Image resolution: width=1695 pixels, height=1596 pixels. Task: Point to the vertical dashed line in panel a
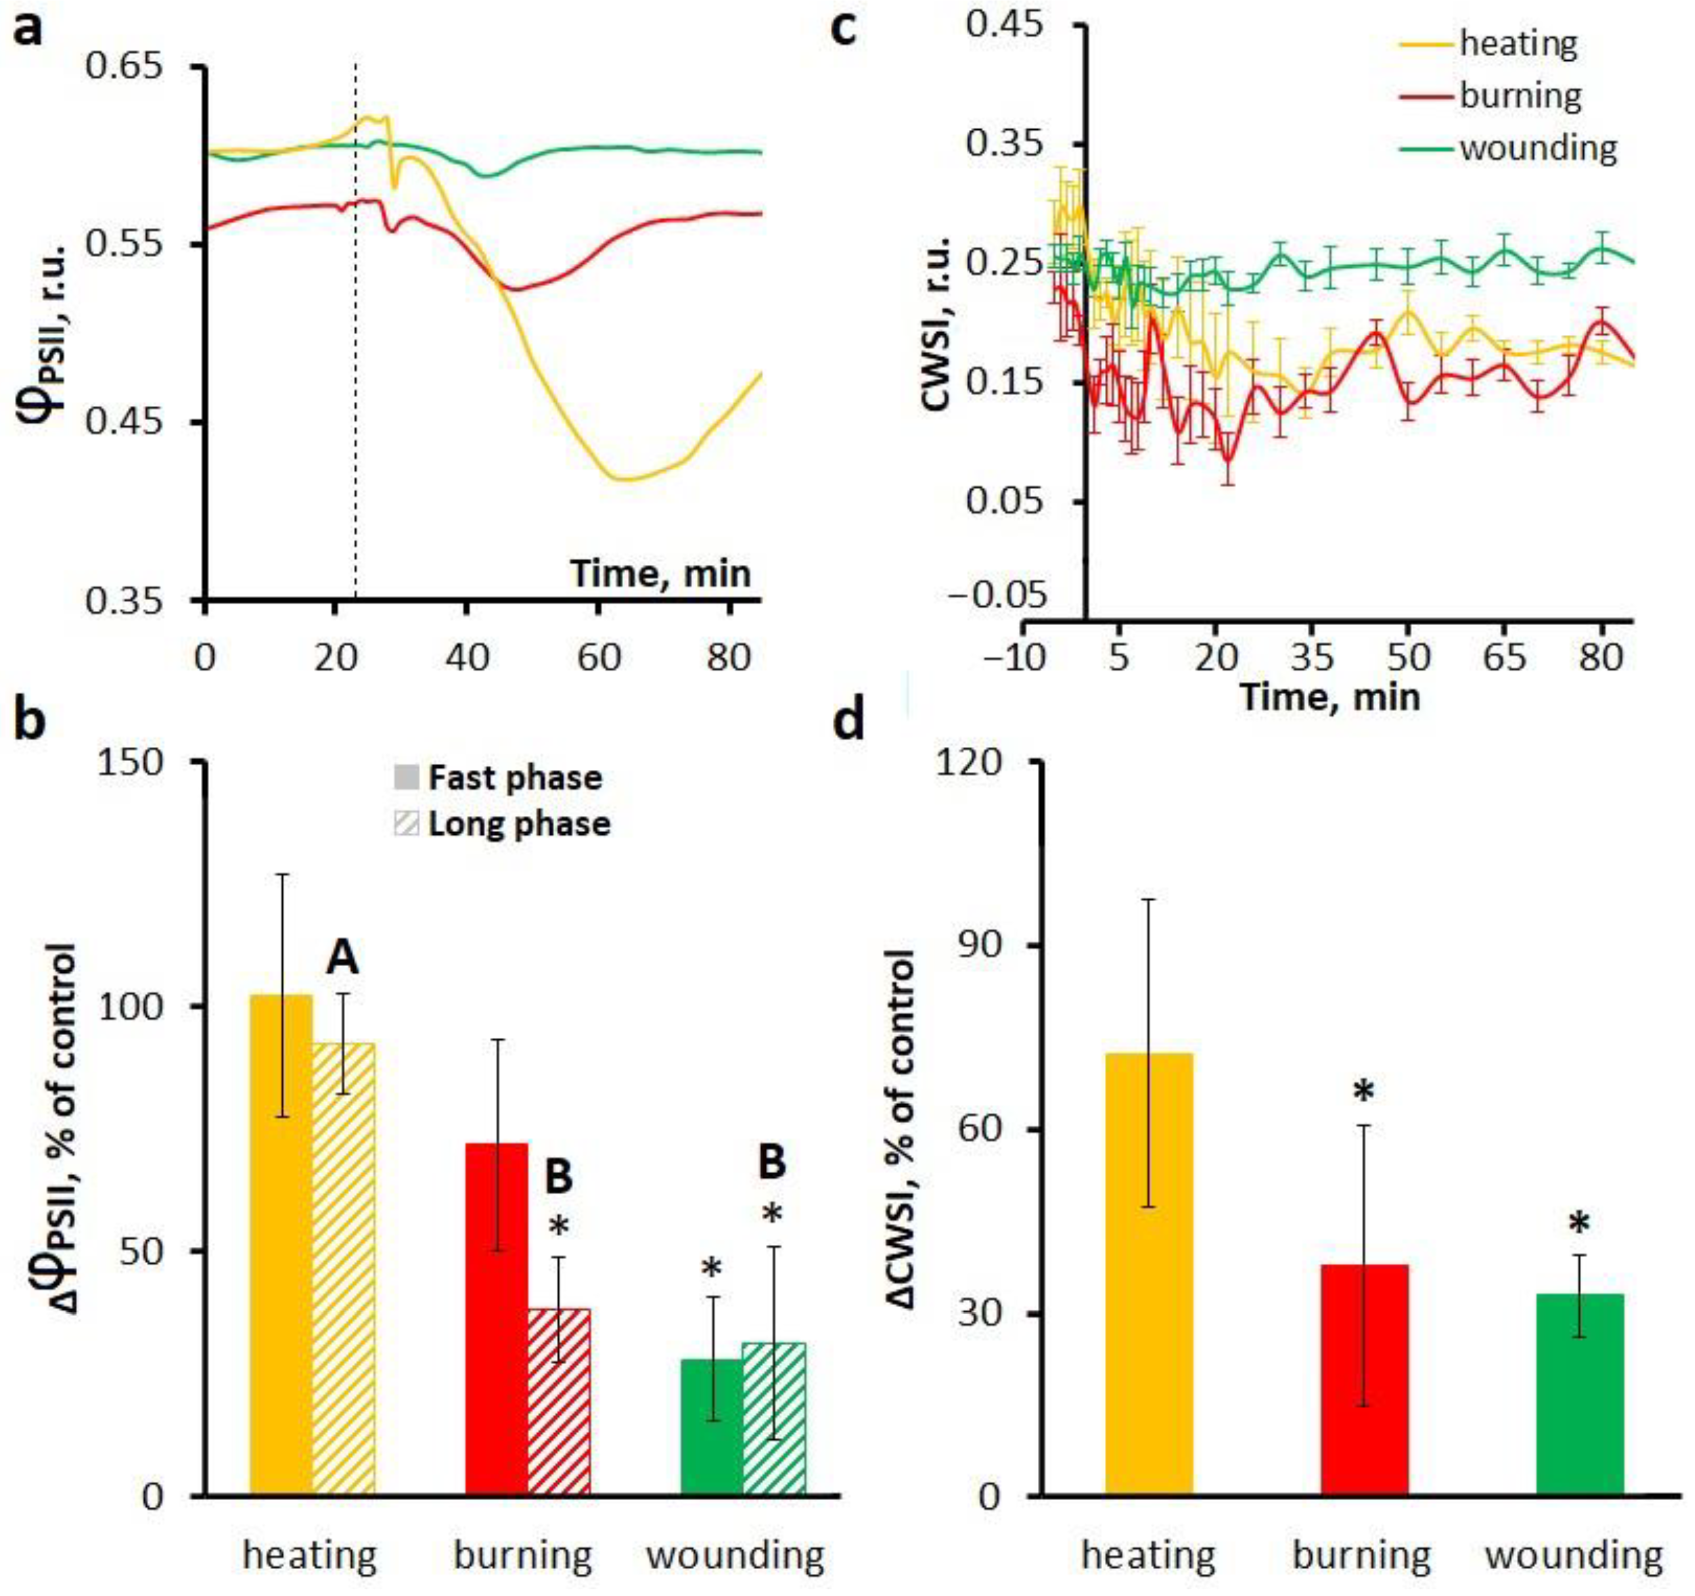pyautogui.click(x=355, y=341)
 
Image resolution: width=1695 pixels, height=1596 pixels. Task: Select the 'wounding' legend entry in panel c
pyautogui.click(x=1537, y=148)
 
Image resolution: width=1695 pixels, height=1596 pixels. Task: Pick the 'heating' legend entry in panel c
pyautogui.click(x=1518, y=43)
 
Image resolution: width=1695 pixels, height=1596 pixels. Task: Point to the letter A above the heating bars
pyautogui.click(x=343, y=959)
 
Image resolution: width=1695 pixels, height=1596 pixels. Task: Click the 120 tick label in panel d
pyautogui.click(x=981, y=761)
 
